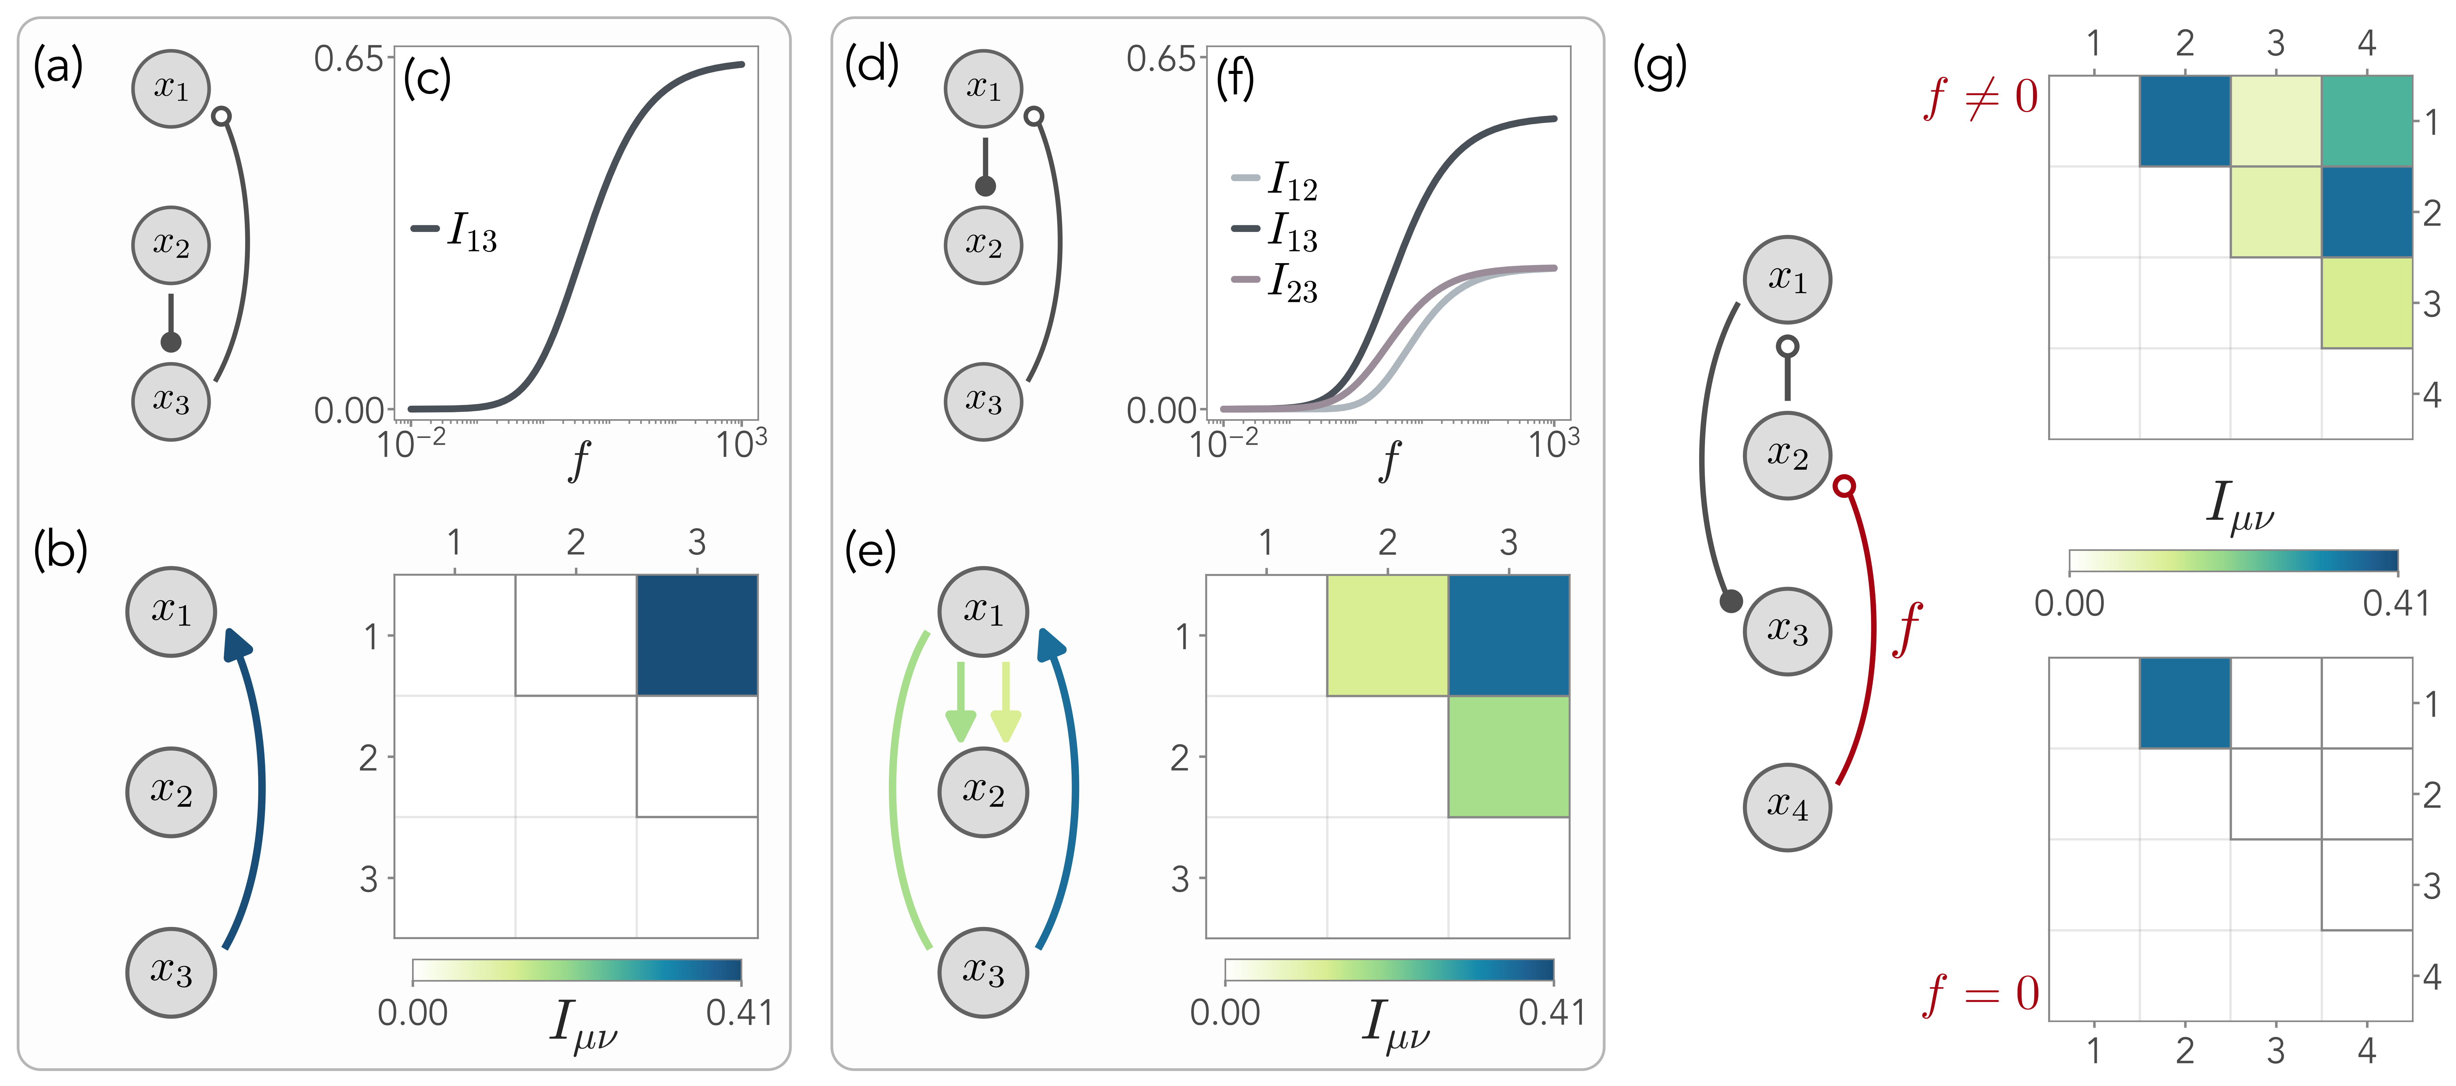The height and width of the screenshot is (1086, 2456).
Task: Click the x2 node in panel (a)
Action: [x=171, y=245]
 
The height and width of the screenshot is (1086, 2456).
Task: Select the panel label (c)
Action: [x=426, y=78]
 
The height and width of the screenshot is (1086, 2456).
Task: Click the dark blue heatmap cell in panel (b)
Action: [x=697, y=635]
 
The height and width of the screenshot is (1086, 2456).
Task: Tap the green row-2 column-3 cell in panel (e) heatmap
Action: [x=1508, y=756]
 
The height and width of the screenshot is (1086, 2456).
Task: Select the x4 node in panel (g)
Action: [x=1787, y=807]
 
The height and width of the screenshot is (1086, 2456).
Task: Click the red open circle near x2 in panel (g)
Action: [x=1845, y=486]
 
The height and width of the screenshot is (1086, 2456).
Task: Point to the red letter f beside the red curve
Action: [x=1907, y=629]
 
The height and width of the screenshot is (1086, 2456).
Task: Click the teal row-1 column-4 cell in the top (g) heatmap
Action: [x=2366, y=121]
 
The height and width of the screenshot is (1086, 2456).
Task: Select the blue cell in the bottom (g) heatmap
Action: [x=2184, y=703]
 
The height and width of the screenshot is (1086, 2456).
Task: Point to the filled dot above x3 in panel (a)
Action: [x=171, y=341]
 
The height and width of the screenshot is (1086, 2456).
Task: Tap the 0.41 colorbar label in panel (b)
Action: [x=739, y=1013]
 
